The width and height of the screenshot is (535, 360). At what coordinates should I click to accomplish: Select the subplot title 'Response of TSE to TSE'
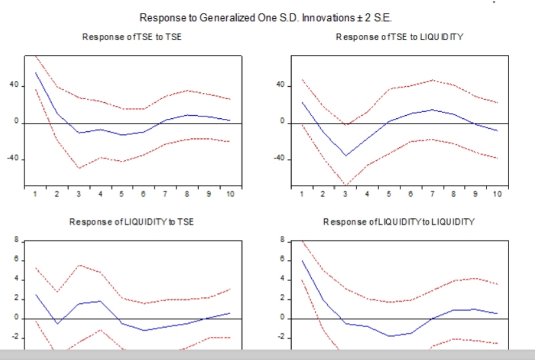(x=132, y=37)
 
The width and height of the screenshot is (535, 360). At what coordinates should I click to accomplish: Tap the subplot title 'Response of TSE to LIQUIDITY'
(x=400, y=37)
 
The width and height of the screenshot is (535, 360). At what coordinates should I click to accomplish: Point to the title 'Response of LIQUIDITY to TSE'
(x=132, y=222)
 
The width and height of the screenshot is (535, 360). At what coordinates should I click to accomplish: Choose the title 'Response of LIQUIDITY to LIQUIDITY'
(x=400, y=222)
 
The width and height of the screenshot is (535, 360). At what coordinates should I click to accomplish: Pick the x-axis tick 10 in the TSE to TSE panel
(x=230, y=194)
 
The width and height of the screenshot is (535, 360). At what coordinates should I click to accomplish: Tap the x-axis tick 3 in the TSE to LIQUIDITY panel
(x=345, y=194)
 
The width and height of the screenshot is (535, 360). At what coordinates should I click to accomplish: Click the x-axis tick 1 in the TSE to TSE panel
(x=35, y=194)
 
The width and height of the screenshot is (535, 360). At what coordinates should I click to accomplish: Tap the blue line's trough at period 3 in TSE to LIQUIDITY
(x=345, y=156)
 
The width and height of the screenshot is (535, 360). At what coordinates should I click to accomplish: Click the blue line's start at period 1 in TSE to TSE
(x=36, y=72)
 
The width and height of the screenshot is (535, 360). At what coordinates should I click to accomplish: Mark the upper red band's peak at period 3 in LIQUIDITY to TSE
(x=79, y=265)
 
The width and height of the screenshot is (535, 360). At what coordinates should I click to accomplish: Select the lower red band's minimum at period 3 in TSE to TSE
(x=79, y=168)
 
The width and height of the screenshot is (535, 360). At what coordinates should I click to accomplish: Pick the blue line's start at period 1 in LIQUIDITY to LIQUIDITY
(x=302, y=260)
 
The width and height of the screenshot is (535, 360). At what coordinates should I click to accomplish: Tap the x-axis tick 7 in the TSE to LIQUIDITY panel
(x=432, y=194)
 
